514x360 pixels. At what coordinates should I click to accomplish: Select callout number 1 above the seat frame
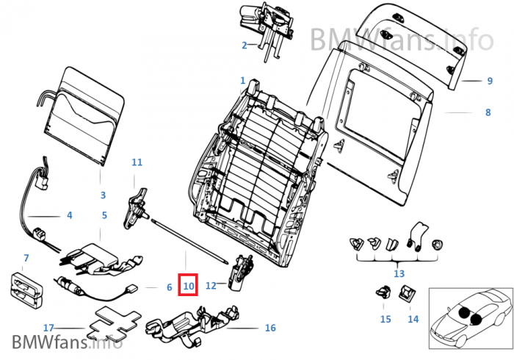coord(243,79)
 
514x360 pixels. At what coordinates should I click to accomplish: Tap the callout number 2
coord(244,46)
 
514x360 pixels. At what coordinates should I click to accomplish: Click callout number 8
coord(488,113)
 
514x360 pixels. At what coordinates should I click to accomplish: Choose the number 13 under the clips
coord(399,273)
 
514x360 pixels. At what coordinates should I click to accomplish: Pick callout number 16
coord(270,328)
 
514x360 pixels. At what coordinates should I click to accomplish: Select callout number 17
coord(48,328)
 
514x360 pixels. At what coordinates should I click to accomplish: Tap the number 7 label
coord(26,258)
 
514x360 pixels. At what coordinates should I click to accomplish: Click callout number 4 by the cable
coord(69,216)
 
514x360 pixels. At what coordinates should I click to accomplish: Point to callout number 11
coord(137,162)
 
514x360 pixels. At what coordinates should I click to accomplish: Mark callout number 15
coord(385,319)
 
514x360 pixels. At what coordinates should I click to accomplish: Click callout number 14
coord(413,319)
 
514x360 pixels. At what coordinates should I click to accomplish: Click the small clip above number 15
coord(382,291)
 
